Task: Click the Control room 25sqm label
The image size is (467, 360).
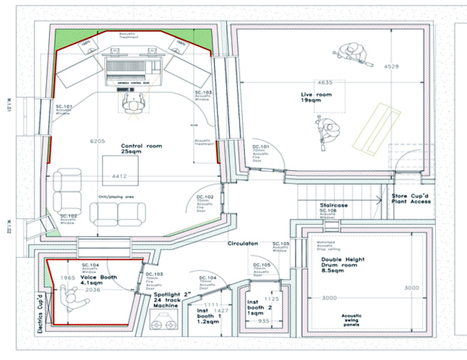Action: coord(141,149)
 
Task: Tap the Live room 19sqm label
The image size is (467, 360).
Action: coord(316,97)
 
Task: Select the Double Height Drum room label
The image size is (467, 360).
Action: coord(343,265)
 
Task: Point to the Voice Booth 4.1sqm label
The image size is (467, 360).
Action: coord(98,280)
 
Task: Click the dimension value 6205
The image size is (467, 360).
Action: coord(97,141)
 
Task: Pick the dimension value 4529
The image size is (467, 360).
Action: coord(391,66)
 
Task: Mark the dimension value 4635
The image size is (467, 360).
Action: coord(325,83)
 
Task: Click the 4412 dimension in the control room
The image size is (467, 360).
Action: coord(119,177)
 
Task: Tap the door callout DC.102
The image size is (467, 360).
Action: coord(205,197)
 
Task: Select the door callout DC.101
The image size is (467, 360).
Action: coord(261,147)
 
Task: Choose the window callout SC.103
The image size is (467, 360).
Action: coord(203,92)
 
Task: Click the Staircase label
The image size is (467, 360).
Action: coord(334,205)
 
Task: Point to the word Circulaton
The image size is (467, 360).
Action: coord(243,244)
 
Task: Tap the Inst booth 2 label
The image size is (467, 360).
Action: coord(259,308)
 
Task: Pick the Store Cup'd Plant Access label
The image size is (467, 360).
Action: coord(411,199)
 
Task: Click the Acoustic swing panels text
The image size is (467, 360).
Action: coord(351,320)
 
